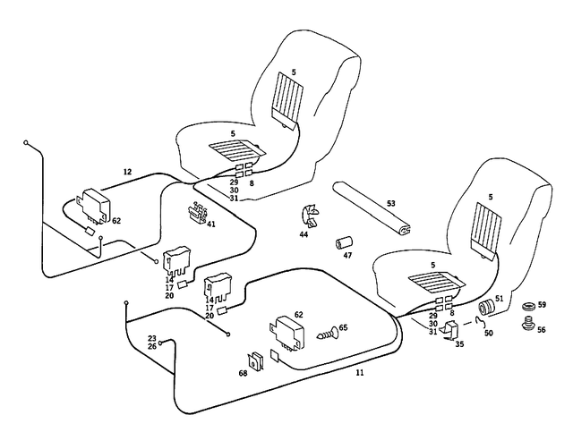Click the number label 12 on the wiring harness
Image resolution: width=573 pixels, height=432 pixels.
click(126, 170)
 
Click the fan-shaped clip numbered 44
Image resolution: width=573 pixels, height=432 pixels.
click(308, 216)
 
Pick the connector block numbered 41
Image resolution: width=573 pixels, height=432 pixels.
click(197, 214)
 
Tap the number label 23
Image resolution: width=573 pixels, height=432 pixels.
click(152, 338)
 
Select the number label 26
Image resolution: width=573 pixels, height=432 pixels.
click(152, 346)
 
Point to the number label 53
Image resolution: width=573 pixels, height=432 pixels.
click(390, 204)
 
